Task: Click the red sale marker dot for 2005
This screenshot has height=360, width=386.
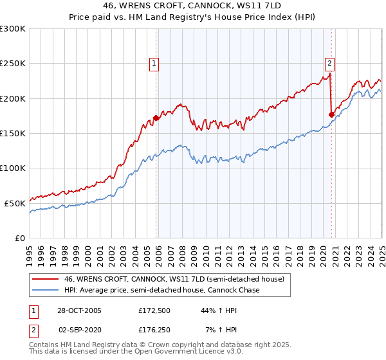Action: click(x=156, y=118)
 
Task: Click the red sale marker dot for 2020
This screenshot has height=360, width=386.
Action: click(x=332, y=115)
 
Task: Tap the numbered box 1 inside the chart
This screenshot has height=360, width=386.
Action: click(x=156, y=63)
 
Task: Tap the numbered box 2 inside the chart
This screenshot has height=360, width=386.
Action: click(x=329, y=63)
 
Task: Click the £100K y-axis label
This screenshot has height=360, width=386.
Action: click(x=14, y=168)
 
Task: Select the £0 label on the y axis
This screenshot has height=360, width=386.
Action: click(x=19, y=238)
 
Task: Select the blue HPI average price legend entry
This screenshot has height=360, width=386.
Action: click(x=161, y=291)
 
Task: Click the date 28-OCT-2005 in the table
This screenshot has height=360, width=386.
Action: click(x=79, y=310)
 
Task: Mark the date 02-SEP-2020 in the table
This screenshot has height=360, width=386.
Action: click(x=80, y=330)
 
